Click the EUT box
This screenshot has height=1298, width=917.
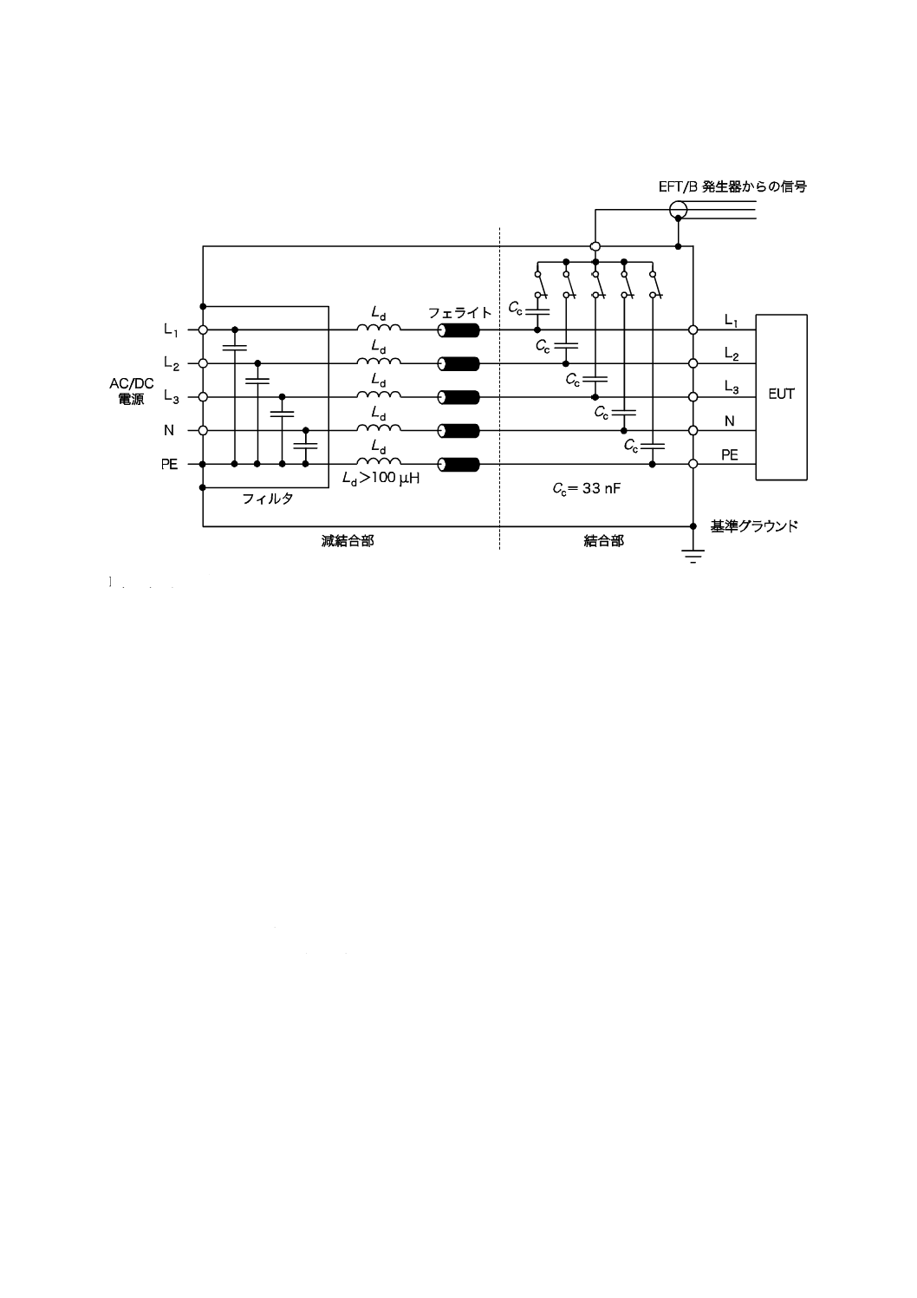pos(781,396)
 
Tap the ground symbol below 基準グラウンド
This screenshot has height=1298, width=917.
pos(693,557)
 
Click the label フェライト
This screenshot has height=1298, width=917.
pos(460,313)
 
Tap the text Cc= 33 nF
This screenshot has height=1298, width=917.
pos(587,488)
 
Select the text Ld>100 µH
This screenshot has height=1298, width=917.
pos(380,479)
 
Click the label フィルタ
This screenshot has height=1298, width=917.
pos(267,499)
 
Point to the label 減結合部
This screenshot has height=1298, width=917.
pos(348,541)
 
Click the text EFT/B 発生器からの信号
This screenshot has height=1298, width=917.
pos(733,186)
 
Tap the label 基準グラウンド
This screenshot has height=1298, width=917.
pos(753,526)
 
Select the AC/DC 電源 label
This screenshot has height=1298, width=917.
pos(132,392)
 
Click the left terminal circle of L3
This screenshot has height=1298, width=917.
pos(203,397)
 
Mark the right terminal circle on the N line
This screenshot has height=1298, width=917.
pos(693,431)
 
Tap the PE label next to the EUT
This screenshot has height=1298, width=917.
pos(730,454)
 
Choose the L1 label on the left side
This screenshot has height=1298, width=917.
pos(171,329)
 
